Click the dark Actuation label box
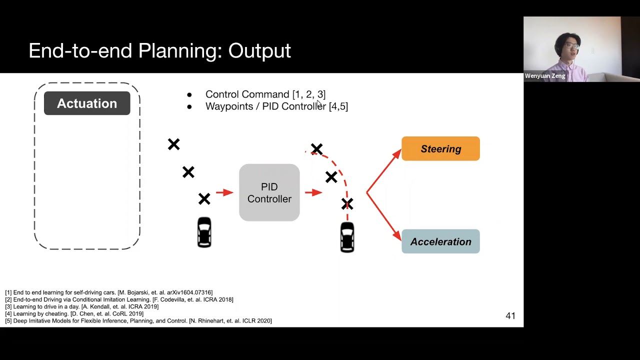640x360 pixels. [87, 103]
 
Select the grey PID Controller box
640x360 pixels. [269, 192]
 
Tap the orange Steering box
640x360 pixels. [440, 149]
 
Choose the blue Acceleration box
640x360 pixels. [440, 241]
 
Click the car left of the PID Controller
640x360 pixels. [204, 232]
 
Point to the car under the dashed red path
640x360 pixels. [347, 237]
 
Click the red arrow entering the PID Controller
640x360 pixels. [225, 192]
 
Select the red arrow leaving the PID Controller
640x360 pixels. [314, 192]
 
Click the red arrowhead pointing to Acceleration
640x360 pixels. [397, 234]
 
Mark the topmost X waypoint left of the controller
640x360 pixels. [173, 144]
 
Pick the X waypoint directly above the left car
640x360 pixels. [204, 199]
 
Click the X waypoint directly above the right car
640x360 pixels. [347, 204]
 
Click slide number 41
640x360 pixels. [510, 315]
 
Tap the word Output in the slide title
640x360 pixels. [259, 51]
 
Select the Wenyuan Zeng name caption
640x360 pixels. [545, 76]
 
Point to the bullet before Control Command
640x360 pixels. [189, 94]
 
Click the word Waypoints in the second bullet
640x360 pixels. [229, 106]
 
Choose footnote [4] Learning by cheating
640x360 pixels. [74, 313]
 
